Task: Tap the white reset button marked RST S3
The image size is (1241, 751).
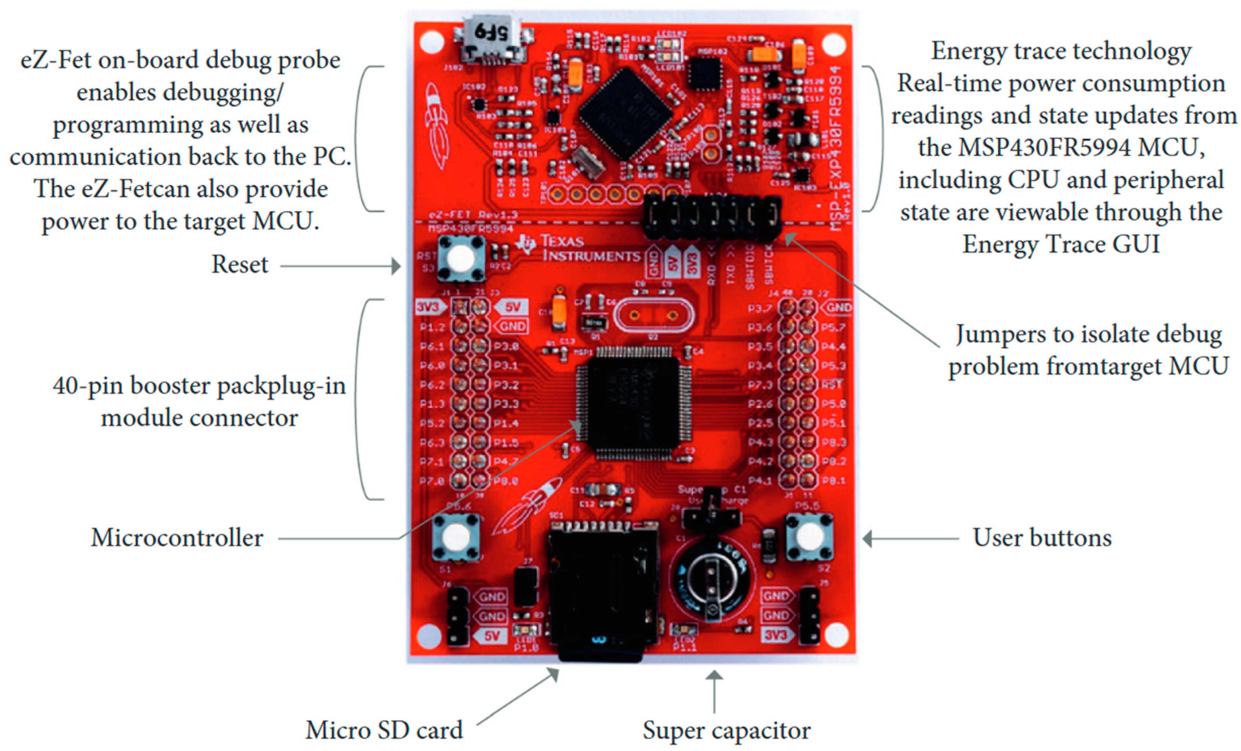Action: pyautogui.click(x=460, y=259)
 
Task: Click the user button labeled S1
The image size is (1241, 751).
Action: pyautogui.click(x=456, y=537)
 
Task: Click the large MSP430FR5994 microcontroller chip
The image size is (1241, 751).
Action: pyautogui.click(x=633, y=403)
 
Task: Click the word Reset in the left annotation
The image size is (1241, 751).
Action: pyautogui.click(x=239, y=264)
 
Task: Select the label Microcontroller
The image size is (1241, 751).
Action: pyautogui.click(x=177, y=538)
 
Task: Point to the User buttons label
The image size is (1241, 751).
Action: pyautogui.click(x=1042, y=538)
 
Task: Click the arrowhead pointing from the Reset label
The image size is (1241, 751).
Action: pyautogui.click(x=396, y=266)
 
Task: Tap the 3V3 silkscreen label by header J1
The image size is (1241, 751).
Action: pyautogui.click(x=427, y=307)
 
